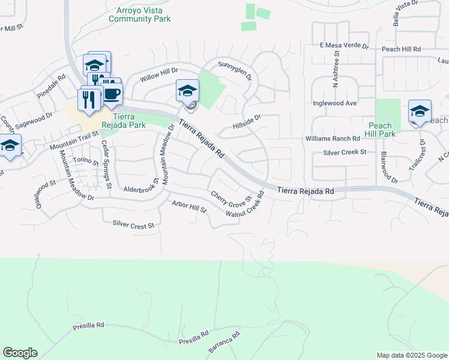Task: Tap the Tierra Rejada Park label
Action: coord(129,121)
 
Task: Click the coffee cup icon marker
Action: coord(113,94)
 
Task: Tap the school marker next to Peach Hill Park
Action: coord(420,112)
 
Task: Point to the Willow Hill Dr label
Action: coord(159,75)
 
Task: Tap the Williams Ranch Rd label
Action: coord(332,139)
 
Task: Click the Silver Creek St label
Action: coord(345,152)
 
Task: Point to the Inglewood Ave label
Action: coord(335,103)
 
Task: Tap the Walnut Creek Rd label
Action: coord(246,205)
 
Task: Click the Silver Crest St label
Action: coord(133,224)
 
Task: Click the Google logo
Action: coord(20,353)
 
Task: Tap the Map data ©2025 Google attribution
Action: coord(412,355)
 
